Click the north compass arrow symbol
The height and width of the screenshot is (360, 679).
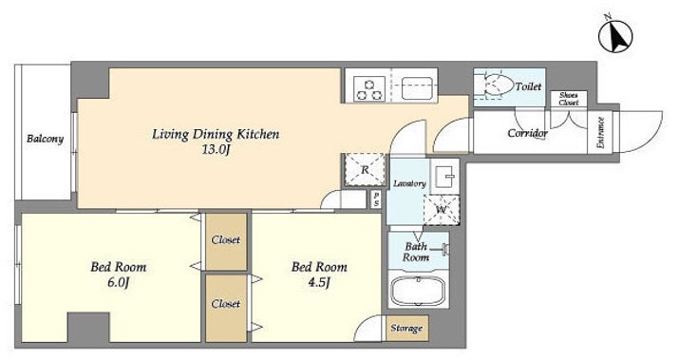pyautogui.click(x=615, y=35)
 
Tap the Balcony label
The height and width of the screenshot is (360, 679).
pyautogui.click(x=45, y=139)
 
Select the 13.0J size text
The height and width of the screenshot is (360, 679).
pyautogui.click(x=216, y=150)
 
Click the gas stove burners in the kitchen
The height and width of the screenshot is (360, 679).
pyautogui.click(x=369, y=88)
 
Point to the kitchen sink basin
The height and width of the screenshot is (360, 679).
pyautogui.click(x=417, y=88)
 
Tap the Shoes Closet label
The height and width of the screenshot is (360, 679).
pyautogui.click(x=568, y=99)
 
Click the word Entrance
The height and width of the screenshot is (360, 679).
pyautogui.click(x=600, y=133)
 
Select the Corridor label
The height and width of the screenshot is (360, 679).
pyautogui.click(x=527, y=133)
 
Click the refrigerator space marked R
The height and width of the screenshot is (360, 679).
pyautogui.click(x=365, y=170)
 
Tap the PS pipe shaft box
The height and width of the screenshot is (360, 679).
pyautogui.click(x=376, y=199)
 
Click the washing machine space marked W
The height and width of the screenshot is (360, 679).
pyautogui.click(x=442, y=210)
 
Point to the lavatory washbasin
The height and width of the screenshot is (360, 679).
pyautogui.click(x=444, y=177)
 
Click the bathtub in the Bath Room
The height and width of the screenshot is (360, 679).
pyautogui.click(x=418, y=291)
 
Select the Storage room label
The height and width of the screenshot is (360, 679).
pyautogui.click(x=406, y=328)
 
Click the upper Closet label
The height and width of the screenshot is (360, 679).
pyautogui.click(x=226, y=239)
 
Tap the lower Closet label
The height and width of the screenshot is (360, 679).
pyautogui.click(x=226, y=304)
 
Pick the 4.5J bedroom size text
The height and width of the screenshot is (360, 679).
pyautogui.click(x=319, y=283)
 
